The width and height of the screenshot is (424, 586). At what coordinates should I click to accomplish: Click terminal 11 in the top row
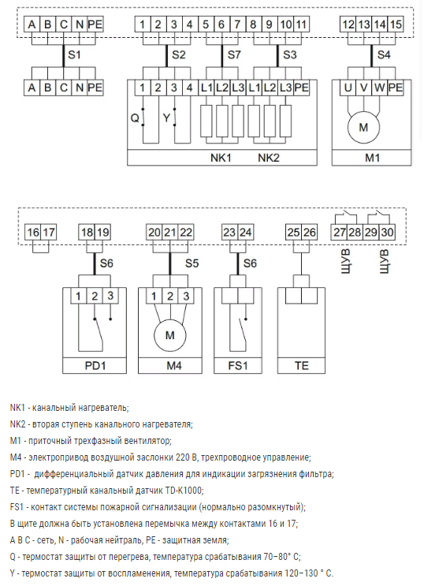[x=302, y=24]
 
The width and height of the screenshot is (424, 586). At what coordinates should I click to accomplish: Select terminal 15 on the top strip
[x=396, y=24]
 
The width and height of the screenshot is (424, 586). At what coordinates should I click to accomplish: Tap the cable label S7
[x=234, y=54]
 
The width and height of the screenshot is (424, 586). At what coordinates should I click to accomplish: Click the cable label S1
[x=74, y=54]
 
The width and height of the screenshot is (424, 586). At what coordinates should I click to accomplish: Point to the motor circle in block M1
[x=363, y=128]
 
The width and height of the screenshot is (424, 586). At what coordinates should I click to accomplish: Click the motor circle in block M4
[x=170, y=335]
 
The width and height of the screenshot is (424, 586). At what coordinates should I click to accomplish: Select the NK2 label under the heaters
[x=269, y=158]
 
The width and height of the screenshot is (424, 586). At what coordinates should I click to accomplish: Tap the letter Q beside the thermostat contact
[x=135, y=118]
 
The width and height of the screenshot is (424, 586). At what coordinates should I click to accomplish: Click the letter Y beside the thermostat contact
[x=166, y=118]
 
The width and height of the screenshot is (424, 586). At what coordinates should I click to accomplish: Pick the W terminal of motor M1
[x=380, y=88]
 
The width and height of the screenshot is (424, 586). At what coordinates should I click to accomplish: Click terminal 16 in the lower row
[x=32, y=233]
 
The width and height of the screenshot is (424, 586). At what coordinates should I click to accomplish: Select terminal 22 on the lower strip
[x=186, y=233]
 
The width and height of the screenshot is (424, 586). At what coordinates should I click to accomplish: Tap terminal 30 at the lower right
[x=387, y=233]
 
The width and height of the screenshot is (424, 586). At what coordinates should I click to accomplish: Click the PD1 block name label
[x=95, y=365]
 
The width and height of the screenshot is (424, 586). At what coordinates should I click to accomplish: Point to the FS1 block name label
[x=238, y=365]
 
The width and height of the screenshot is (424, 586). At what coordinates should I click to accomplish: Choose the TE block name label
[x=302, y=365]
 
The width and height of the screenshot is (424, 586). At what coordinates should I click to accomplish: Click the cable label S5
[x=192, y=263]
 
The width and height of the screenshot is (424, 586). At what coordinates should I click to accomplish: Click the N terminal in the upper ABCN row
[x=79, y=24]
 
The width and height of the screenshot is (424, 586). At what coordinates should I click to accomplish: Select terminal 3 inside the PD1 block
[x=110, y=296]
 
